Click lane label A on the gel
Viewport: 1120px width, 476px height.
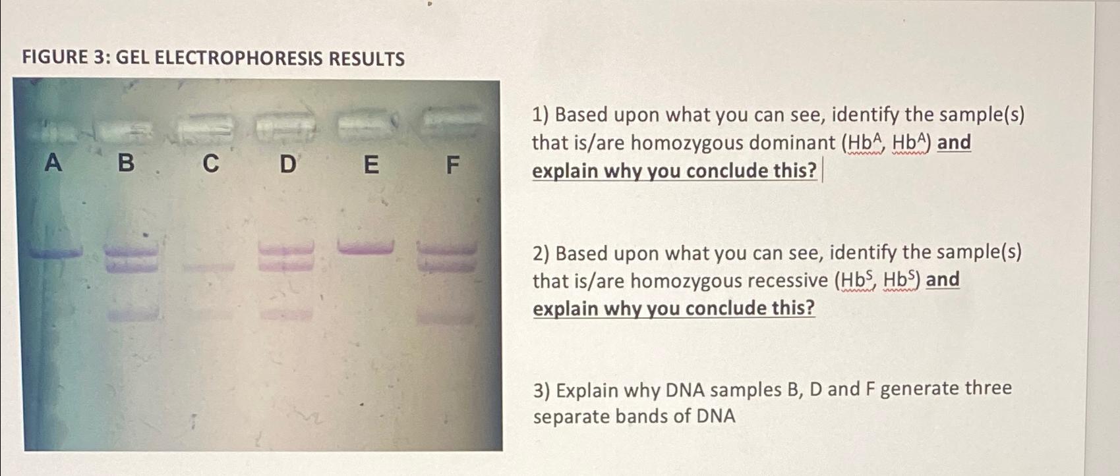[x=53, y=162]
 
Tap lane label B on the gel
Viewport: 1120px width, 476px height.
[x=126, y=162]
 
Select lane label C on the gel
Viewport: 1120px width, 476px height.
[x=210, y=163]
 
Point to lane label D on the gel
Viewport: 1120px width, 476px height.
[x=287, y=163]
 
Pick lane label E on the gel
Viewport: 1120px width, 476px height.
[x=371, y=164]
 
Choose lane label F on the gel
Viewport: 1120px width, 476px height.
[x=452, y=164]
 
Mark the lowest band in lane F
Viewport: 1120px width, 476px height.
[x=445, y=318]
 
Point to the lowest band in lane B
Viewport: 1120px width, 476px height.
[x=132, y=315]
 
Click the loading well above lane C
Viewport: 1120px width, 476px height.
[x=205, y=127]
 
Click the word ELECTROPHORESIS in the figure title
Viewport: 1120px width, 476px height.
[x=238, y=58]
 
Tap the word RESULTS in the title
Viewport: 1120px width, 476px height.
[x=367, y=59]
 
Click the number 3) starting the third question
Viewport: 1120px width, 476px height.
[x=541, y=390]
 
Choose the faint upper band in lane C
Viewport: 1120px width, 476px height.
[x=208, y=267]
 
